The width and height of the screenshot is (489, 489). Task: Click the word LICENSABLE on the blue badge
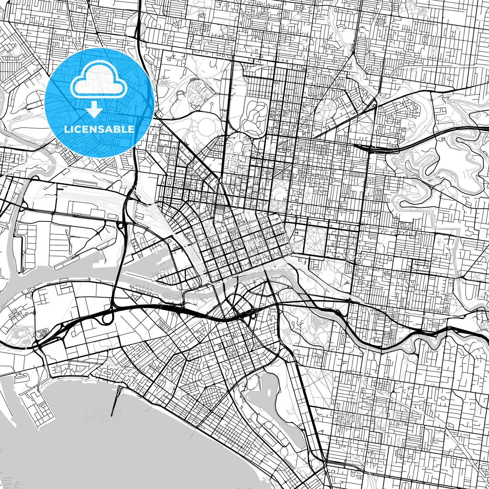pos(99,129)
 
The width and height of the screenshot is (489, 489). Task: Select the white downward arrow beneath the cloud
pos(94,109)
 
